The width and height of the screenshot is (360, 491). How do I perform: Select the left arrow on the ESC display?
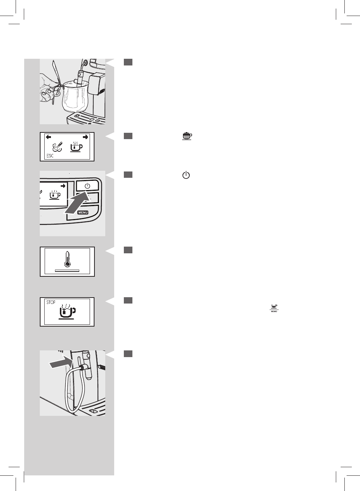48,137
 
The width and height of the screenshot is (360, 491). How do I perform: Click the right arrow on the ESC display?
86,137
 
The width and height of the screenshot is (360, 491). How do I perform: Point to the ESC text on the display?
50,156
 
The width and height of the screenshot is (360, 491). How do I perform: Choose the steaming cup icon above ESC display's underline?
76,147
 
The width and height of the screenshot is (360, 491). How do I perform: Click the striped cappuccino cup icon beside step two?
187,136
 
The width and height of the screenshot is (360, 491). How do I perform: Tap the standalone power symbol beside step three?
186,175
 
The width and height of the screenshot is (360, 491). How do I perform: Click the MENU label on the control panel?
83,213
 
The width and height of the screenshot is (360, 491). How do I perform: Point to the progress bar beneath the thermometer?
67,271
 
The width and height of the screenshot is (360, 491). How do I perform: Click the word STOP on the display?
51,302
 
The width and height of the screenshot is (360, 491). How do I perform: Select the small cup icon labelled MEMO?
274,307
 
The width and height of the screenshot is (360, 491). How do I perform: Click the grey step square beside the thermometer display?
128,250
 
